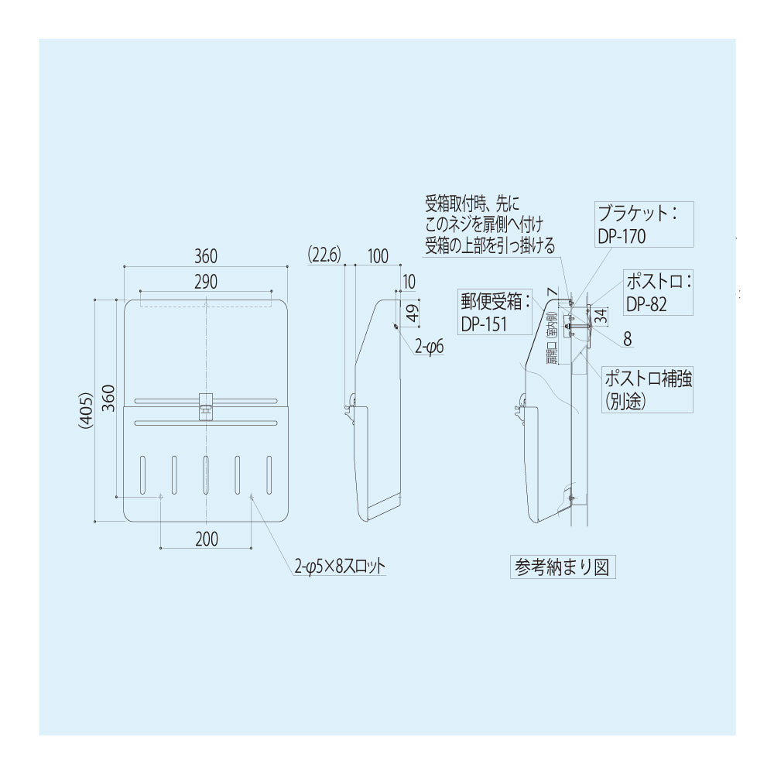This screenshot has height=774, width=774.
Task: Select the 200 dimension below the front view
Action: pos(206,539)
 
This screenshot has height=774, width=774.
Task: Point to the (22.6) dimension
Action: pos(324,255)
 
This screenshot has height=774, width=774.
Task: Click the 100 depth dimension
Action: pos(378,255)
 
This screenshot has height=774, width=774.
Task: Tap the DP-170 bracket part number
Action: pos(622,236)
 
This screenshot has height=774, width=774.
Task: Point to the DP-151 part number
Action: pos(484,324)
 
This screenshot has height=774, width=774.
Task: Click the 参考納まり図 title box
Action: pos(562,567)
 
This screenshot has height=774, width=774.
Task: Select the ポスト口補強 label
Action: pos(649,378)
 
